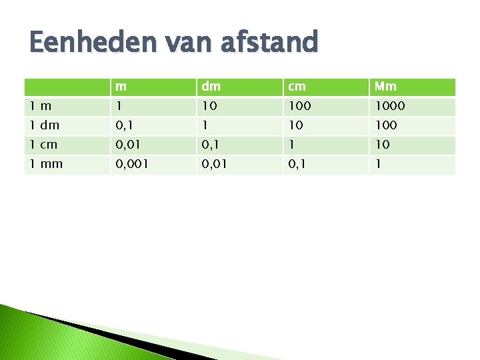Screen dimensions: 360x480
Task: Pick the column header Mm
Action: [x=385, y=87]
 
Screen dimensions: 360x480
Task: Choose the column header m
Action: [x=121, y=87]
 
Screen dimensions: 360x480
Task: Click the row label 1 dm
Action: [x=45, y=125]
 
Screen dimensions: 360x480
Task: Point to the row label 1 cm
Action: [x=43, y=145]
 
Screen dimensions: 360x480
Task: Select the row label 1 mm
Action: [x=46, y=164]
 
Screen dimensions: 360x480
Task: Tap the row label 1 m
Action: [x=39, y=106]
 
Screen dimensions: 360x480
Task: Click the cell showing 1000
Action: [x=389, y=106]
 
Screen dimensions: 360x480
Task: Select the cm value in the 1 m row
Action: [x=300, y=106]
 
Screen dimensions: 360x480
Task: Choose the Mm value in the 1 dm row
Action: [x=386, y=125]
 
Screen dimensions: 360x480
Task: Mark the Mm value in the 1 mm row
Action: [x=377, y=164]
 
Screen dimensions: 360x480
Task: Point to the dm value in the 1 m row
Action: [x=210, y=106]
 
